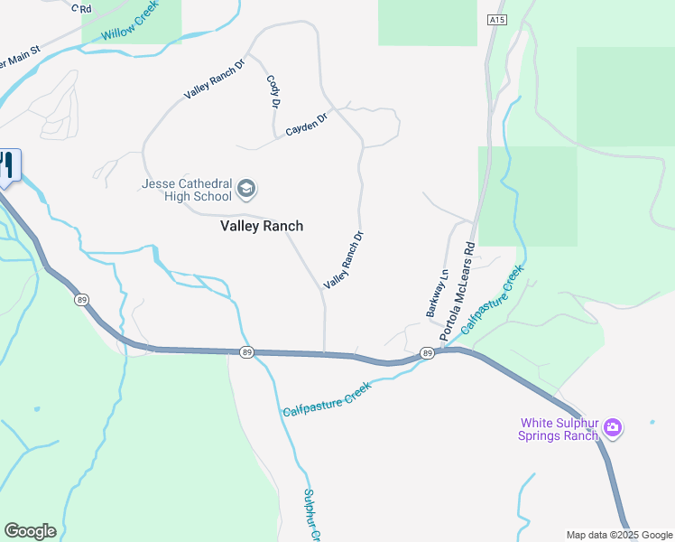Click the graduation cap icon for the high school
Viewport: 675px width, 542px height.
[x=246, y=190]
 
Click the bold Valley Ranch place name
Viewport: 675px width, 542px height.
[x=262, y=226]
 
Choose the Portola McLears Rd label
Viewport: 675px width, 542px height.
[x=458, y=291]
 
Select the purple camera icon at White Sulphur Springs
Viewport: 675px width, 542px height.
[x=613, y=427]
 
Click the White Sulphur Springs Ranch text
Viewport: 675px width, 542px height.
[x=559, y=429]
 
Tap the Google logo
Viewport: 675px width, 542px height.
[x=30, y=530]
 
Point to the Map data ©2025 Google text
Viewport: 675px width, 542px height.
[x=618, y=535]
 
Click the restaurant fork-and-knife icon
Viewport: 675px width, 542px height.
[x=7, y=165]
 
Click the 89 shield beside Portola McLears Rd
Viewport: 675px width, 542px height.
[x=429, y=353]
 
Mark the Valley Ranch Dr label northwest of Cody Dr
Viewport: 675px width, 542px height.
[x=214, y=79]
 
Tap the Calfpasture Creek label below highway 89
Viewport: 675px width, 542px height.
[x=327, y=398]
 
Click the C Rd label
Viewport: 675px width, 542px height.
[x=84, y=9]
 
